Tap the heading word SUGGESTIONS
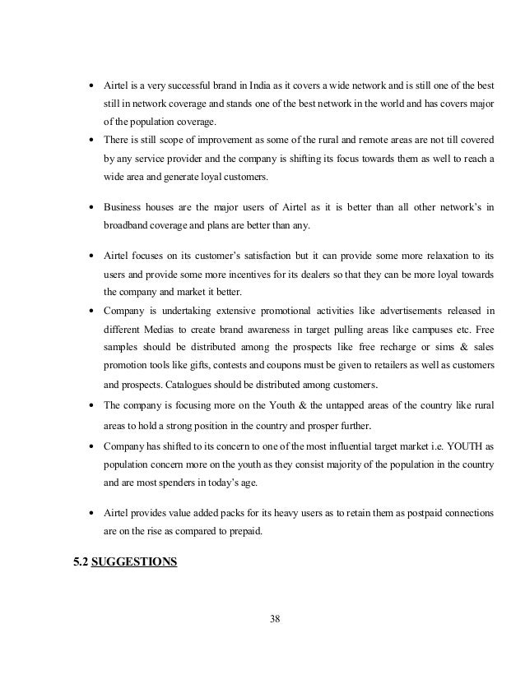tap(133, 565)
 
